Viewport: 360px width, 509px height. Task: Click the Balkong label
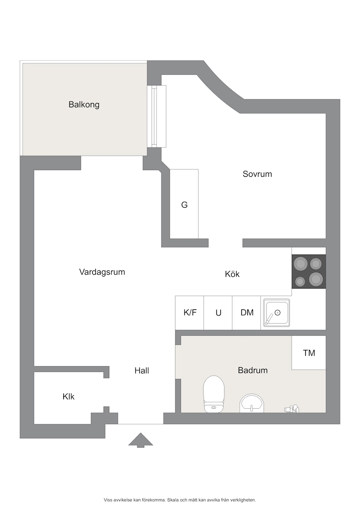[x=84, y=105]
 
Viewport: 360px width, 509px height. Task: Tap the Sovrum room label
[x=257, y=174]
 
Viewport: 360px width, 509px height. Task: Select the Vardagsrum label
[x=102, y=272]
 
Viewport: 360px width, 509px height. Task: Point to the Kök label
[x=232, y=274]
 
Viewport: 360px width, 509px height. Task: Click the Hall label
[x=142, y=370]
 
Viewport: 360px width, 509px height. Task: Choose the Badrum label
[x=253, y=370]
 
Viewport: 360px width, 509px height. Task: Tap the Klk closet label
[x=69, y=396]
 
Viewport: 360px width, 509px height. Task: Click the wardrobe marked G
[x=184, y=204]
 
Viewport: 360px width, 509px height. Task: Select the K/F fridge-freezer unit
[x=190, y=313]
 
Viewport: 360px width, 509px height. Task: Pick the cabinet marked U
[x=218, y=313]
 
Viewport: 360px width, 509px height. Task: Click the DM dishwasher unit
[x=247, y=313]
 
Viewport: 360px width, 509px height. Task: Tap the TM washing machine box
[x=309, y=353]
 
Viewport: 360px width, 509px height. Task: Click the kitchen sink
[x=276, y=313]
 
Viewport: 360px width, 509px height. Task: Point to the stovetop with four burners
[x=309, y=271]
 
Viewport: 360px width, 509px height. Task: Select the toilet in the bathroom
[x=214, y=394]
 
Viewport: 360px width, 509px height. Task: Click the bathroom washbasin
[x=252, y=403]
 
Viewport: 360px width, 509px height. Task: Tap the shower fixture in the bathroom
[x=291, y=409]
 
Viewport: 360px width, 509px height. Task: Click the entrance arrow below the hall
[x=140, y=440]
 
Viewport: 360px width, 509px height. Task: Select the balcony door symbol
[x=157, y=116]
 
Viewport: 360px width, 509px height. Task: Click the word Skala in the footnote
[x=173, y=500]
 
